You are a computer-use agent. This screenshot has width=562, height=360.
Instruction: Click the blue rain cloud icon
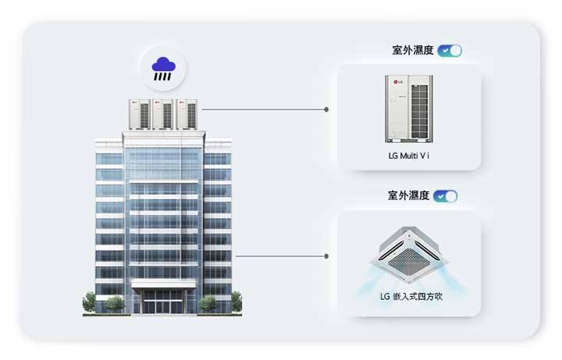click(x=163, y=69)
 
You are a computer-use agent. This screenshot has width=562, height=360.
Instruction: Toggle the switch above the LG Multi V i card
click(x=450, y=51)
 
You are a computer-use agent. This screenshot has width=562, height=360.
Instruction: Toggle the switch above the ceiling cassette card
click(x=445, y=196)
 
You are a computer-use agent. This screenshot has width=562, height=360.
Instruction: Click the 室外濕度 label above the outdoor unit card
click(x=413, y=50)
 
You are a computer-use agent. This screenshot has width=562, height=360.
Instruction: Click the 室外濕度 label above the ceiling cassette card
click(x=408, y=195)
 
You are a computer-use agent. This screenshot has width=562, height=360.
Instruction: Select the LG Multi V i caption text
click(x=408, y=155)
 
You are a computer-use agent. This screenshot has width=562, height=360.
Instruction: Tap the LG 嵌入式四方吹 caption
click(x=411, y=297)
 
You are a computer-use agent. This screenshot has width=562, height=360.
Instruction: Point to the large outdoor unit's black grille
click(x=419, y=112)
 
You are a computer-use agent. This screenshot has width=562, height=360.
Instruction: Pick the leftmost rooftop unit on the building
click(x=140, y=114)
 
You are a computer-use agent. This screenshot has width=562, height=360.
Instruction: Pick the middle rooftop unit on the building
click(x=163, y=114)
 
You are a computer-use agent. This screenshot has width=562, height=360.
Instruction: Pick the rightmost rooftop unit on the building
click(x=187, y=114)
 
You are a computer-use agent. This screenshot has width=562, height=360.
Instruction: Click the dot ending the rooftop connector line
click(x=326, y=109)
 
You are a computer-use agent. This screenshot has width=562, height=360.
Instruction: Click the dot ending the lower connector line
click(x=326, y=256)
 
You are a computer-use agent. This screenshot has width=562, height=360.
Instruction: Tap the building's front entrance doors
click(x=163, y=301)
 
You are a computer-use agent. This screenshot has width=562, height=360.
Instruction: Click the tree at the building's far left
click(x=89, y=302)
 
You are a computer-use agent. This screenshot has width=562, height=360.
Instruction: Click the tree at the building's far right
click(x=237, y=301)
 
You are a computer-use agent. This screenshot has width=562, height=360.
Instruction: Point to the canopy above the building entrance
click(x=163, y=284)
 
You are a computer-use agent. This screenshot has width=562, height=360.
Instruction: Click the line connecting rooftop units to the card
click(x=264, y=109)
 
